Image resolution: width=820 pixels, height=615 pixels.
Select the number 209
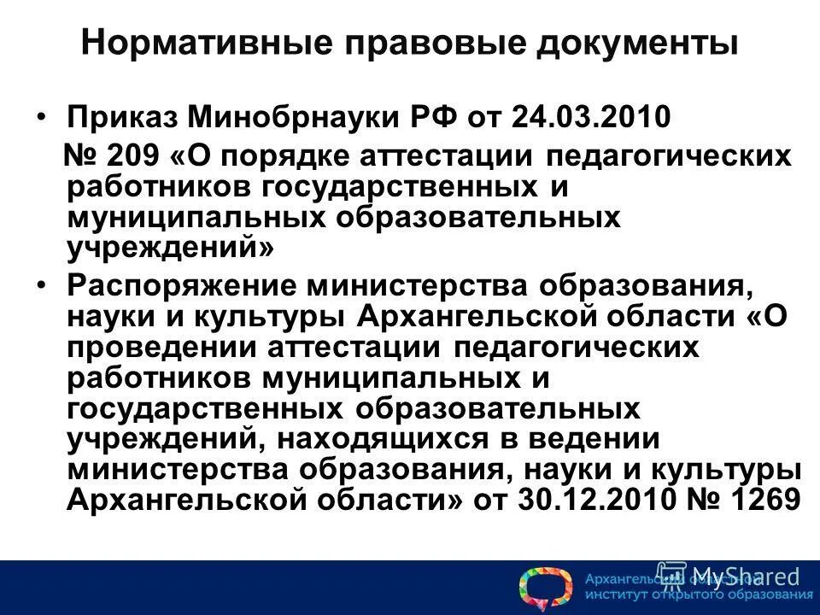129,157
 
